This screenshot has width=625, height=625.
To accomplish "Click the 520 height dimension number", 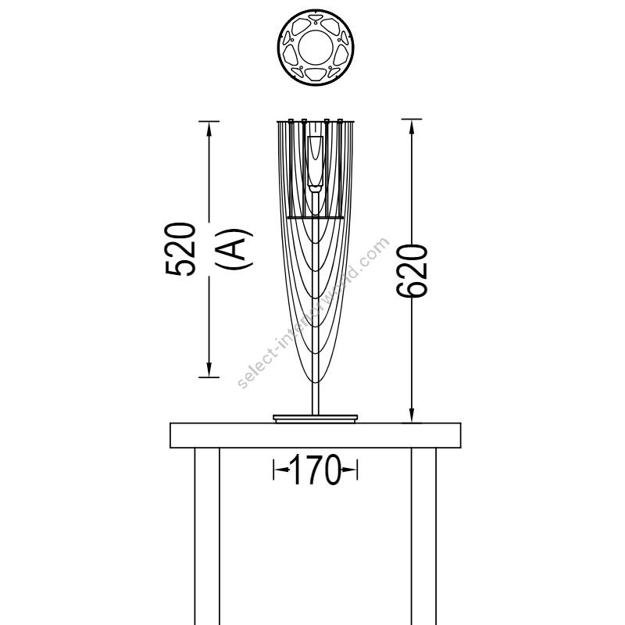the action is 180,249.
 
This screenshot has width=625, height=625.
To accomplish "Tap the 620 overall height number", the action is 412,270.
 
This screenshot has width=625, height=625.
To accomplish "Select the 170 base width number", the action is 316,470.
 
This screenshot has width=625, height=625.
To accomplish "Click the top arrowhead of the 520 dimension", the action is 209,128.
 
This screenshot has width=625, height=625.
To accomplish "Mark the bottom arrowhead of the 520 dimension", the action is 209,370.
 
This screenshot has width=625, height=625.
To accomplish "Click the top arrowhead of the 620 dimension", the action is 412,127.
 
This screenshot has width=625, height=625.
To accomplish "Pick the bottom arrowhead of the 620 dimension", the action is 412,415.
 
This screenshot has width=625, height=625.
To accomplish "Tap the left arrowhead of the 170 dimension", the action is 281,470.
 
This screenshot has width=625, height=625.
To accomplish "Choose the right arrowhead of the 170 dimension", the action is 349,470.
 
